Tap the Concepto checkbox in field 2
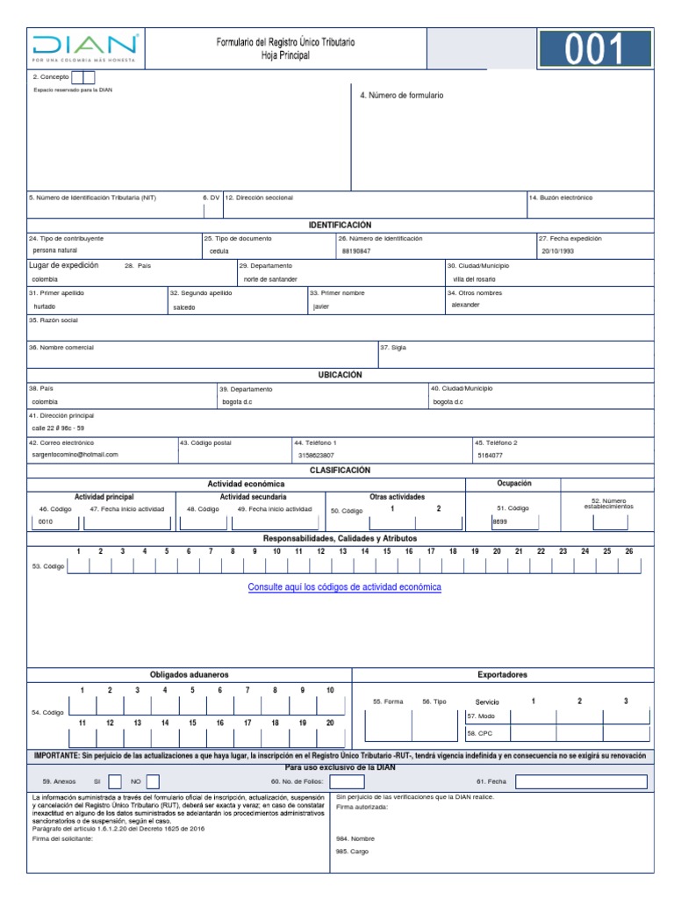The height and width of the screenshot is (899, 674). [x=82, y=77]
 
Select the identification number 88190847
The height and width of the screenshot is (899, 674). [x=356, y=251]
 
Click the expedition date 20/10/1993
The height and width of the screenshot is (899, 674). [x=556, y=251]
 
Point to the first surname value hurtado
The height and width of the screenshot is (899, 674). [x=44, y=306]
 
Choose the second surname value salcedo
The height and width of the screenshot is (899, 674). [x=184, y=307]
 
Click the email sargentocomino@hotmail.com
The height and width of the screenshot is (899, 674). [x=75, y=455]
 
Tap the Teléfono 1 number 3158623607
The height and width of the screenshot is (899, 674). [x=316, y=456]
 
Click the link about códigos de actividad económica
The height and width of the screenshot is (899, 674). [x=344, y=586]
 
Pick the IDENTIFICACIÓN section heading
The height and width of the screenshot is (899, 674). [x=341, y=226]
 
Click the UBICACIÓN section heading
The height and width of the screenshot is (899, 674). [x=341, y=375]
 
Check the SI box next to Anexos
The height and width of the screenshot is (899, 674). [x=115, y=780]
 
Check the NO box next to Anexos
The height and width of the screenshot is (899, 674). [x=153, y=780]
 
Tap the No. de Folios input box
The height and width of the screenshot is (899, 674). [x=347, y=780]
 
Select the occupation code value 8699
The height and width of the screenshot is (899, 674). [x=500, y=521]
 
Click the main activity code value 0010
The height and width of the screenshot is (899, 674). [x=46, y=522]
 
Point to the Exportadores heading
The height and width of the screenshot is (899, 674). [x=502, y=674]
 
